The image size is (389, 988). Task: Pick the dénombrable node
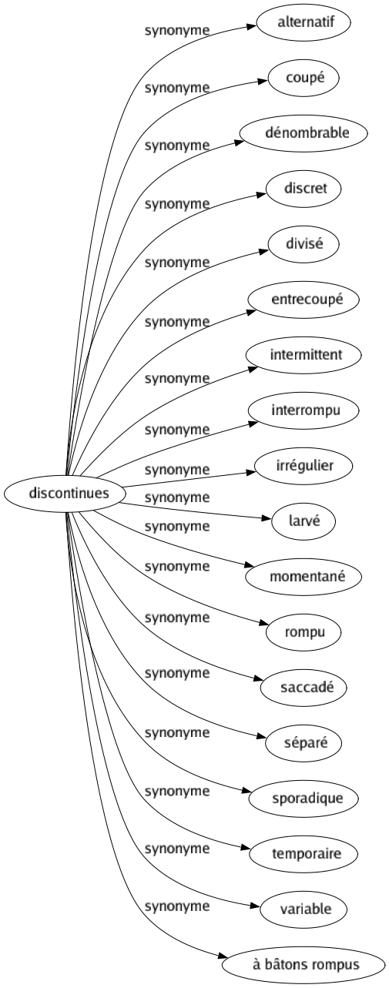(x=302, y=132)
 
